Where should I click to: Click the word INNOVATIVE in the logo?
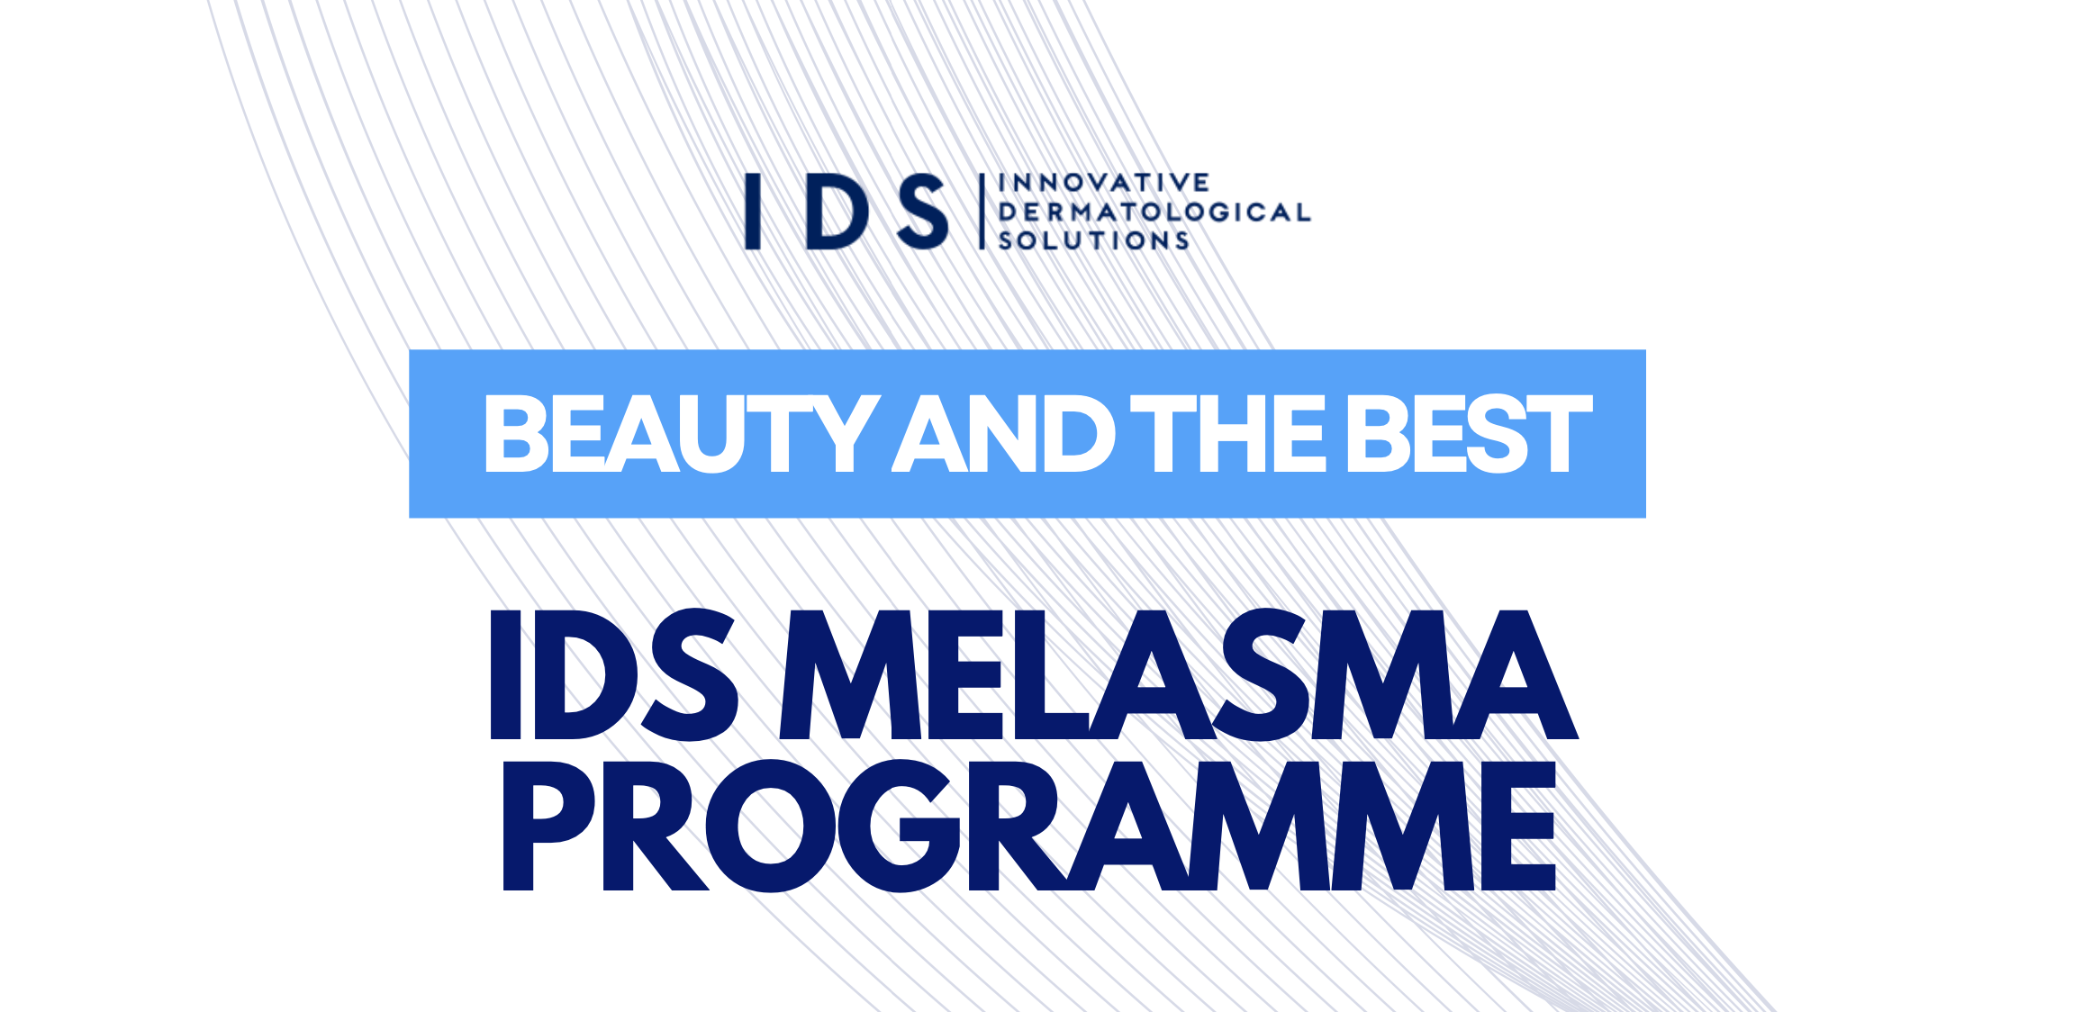click(1104, 183)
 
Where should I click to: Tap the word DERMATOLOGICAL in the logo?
click(1154, 212)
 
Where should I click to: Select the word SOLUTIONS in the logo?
click(1094, 240)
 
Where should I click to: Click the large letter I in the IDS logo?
click(753, 212)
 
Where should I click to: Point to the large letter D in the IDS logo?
click(837, 212)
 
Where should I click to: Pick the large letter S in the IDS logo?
click(923, 212)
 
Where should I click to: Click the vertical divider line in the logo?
click(982, 212)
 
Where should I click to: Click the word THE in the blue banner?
click(1227, 435)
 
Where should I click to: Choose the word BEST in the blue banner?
click(1468, 435)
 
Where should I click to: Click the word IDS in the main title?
click(612, 675)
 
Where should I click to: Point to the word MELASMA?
click(1178, 675)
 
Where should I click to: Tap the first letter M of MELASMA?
click(851, 675)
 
